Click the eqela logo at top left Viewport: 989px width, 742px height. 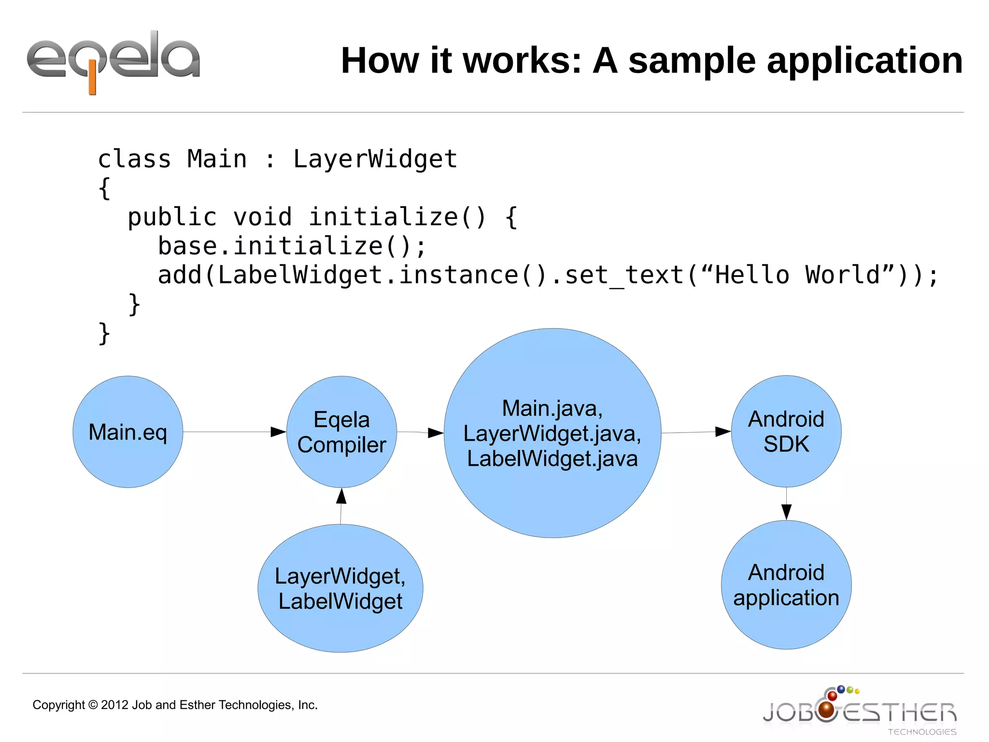tap(113, 60)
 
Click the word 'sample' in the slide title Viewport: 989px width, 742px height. tap(692, 61)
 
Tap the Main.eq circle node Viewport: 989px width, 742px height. tap(128, 432)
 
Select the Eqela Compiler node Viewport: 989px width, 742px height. tap(342, 432)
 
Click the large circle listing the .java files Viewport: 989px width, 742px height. tap(552, 433)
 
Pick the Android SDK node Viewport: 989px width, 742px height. tap(786, 431)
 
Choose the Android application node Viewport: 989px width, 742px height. tap(786, 585)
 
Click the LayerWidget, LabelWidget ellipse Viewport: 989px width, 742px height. tap(340, 588)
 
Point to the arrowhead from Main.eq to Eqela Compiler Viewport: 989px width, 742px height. tap(278, 432)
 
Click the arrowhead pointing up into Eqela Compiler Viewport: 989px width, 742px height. tap(341, 496)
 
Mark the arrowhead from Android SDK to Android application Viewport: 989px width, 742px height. tap(786, 511)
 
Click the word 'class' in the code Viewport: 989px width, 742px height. tap(134, 159)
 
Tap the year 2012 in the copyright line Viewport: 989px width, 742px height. tap(115, 705)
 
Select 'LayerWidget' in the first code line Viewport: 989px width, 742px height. tap(375, 159)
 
